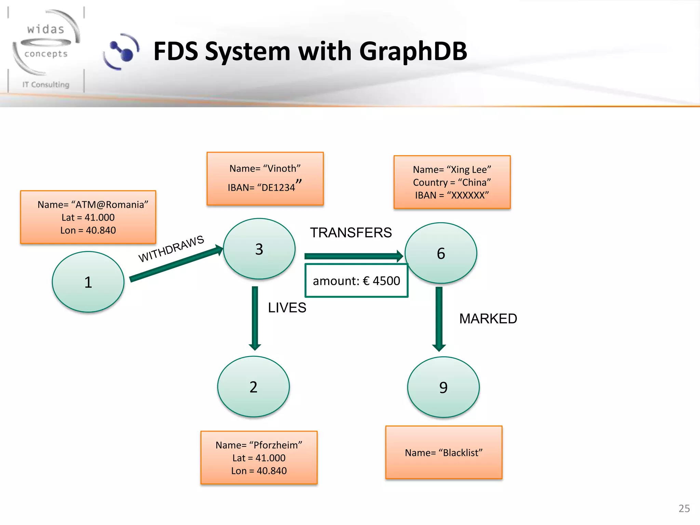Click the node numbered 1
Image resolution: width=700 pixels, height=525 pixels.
coord(88,282)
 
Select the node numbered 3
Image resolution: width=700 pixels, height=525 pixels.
coord(259,249)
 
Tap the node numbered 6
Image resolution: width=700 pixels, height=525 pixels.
coord(441,253)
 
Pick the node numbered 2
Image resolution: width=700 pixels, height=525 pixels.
coord(253,387)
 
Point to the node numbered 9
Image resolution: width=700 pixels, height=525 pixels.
coord(443,387)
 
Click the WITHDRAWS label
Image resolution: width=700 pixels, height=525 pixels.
coord(171,248)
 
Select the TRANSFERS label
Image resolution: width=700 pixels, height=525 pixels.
coord(351,233)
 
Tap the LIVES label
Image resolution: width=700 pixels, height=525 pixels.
coord(287,308)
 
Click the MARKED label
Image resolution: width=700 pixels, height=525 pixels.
coord(488,319)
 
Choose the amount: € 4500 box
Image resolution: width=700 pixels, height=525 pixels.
coord(356,281)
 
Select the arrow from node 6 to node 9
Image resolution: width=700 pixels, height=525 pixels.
coord(439,318)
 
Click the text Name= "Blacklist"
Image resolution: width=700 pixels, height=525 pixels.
coord(444,453)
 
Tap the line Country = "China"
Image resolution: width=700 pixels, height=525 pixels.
coord(452,183)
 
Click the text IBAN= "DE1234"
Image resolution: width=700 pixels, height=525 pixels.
coord(262,187)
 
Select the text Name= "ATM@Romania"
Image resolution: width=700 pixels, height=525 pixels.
coord(93,204)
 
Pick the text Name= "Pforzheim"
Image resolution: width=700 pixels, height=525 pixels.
coord(259,445)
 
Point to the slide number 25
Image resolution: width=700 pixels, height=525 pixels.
coord(684,508)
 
